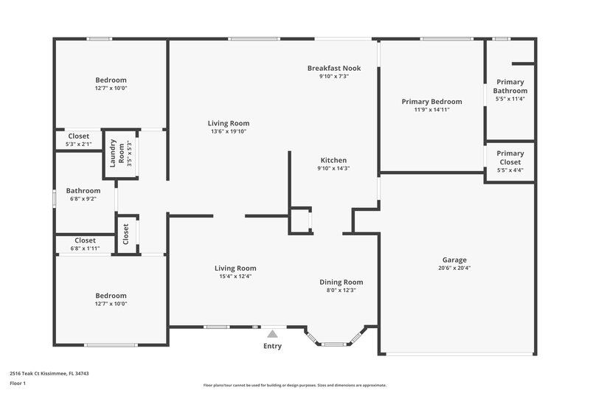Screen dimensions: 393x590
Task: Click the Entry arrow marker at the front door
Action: click(x=272, y=333)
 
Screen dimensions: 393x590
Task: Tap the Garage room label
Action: click(x=454, y=260)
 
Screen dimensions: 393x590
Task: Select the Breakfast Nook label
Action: click(x=333, y=68)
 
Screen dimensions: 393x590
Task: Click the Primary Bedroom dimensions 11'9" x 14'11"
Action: click(x=431, y=110)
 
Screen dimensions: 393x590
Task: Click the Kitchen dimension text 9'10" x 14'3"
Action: click(x=333, y=168)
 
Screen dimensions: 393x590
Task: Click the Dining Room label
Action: click(x=341, y=282)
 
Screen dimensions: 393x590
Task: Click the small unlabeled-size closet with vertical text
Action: click(x=126, y=234)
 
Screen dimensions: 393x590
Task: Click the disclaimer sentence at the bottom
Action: click(x=294, y=385)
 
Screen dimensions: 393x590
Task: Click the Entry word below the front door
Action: click(x=272, y=345)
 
